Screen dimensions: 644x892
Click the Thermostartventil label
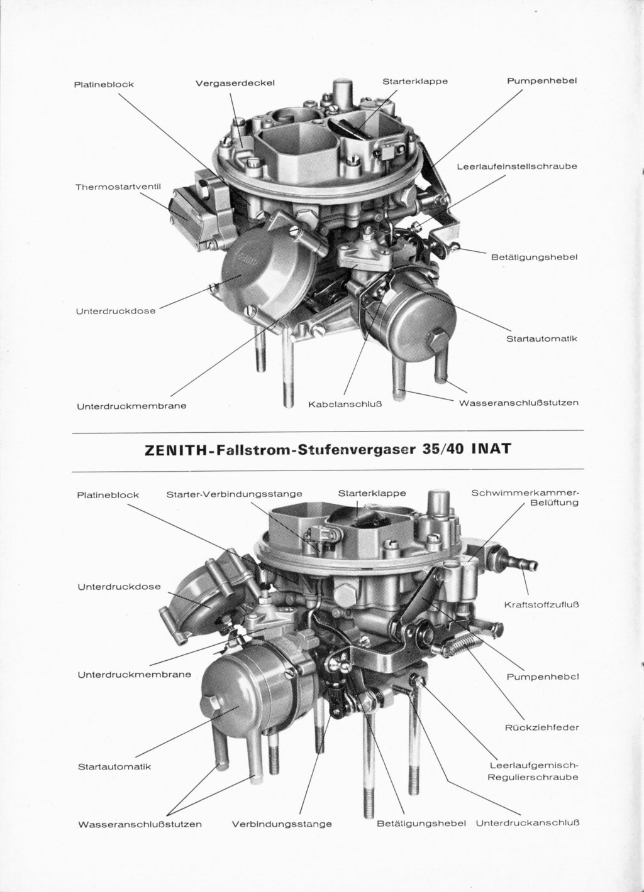click(x=118, y=187)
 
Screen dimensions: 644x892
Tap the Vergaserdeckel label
click(x=235, y=84)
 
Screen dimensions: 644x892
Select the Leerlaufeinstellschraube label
click(x=517, y=166)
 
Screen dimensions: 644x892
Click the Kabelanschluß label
click(x=345, y=404)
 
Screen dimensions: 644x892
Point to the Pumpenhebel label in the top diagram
click(x=542, y=81)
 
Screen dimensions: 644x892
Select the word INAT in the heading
click(x=491, y=449)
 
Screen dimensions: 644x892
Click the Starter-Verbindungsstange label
click(x=234, y=494)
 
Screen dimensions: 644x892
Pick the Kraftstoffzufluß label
click(x=541, y=605)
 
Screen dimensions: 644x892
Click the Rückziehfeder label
click(x=542, y=727)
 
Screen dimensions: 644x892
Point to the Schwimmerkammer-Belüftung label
click(x=525, y=498)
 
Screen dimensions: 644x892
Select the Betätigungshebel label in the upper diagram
click(x=535, y=258)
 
